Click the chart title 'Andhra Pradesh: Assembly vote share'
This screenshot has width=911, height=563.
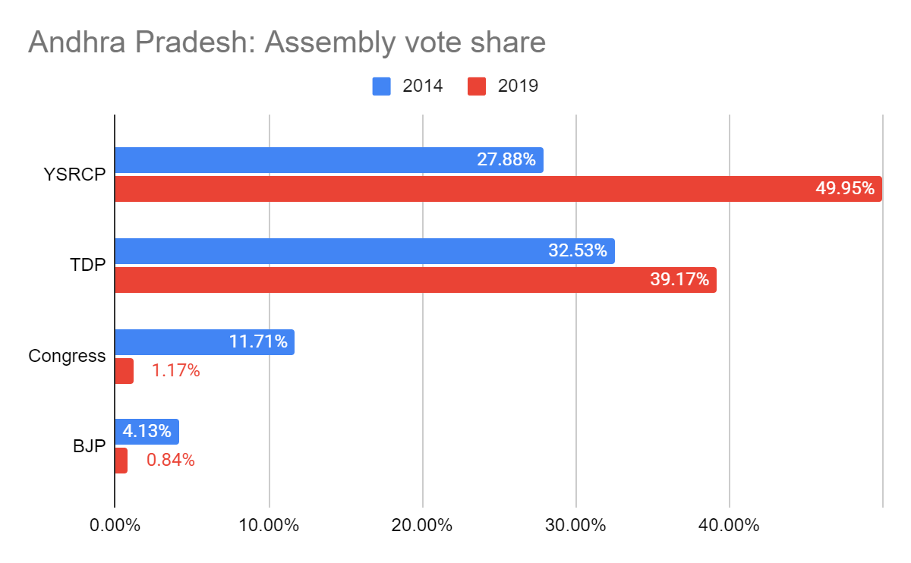tap(287, 42)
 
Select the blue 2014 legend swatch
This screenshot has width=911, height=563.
tap(382, 86)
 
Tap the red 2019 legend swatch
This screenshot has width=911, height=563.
tap(477, 86)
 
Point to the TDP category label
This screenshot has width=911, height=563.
tap(87, 266)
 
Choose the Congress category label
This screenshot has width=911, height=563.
tap(67, 356)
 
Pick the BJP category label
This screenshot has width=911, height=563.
tap(89, 446)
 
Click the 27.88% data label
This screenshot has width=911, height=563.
tap(506, 160)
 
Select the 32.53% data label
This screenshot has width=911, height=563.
tap(578, 251)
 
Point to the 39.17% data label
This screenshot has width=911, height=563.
tap(679, 279)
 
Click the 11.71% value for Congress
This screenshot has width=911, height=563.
tap(258, 342)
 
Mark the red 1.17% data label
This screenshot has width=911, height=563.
tap(175, 371)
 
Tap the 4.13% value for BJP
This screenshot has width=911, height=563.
tap(148, 432)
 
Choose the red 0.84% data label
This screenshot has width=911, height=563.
tap(171, 461)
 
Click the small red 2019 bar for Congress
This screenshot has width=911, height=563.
tap(124, 371)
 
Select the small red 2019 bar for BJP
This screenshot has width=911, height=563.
tap(121, 461)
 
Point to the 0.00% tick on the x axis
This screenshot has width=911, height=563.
tap(114, 526)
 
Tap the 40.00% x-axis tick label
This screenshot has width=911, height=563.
tap(729, 526)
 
